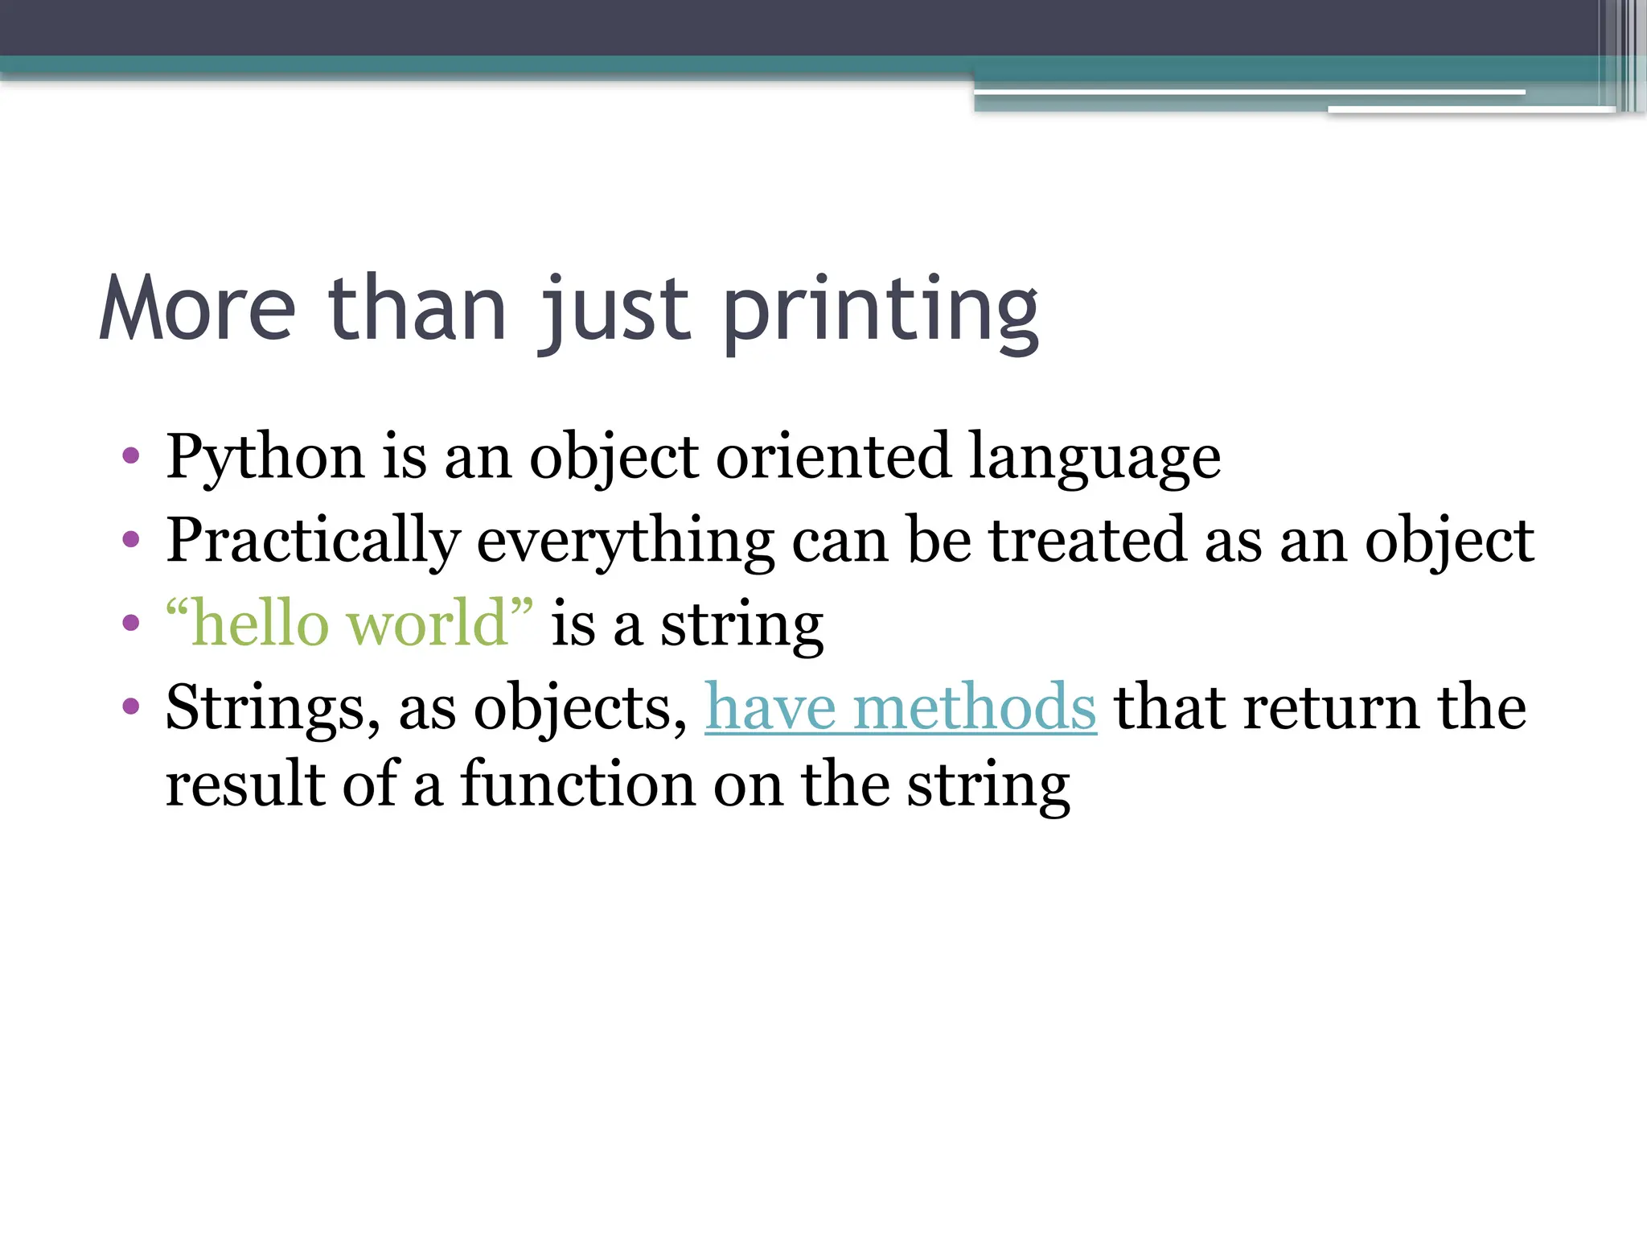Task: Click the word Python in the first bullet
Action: [x=265, y=458]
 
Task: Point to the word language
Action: [x=1095, y=458]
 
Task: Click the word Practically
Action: [x=313, y=542]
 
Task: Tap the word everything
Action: [x=625, y=542]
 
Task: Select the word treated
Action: [x=1087, y=540]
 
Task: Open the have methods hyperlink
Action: [x=900, y=707]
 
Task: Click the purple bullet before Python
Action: [x=131, y=457]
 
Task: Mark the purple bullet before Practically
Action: [x=131, y=539]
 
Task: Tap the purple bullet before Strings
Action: [x=131, y=707]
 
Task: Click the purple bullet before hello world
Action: [x=131, y=622]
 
